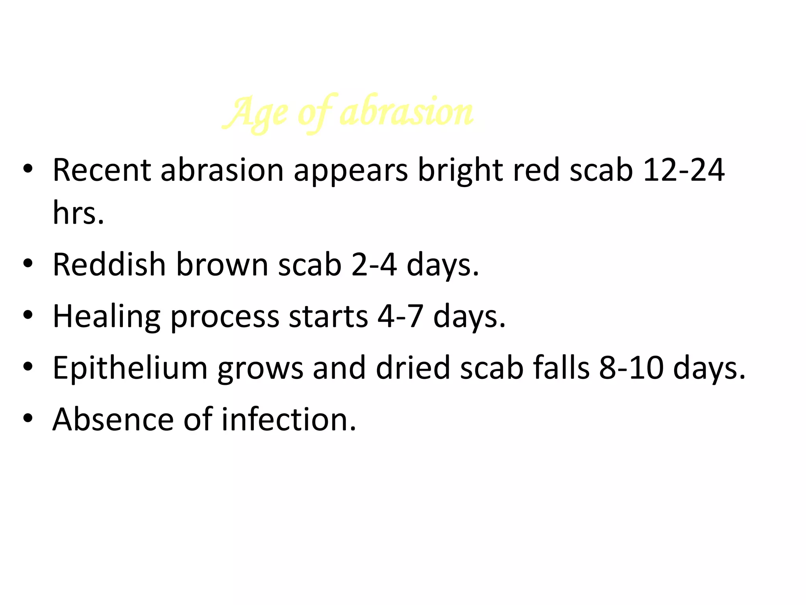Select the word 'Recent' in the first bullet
(x=102, y=170)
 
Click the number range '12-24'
(x=684, y=170)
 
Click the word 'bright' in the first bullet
(x=460, y=170)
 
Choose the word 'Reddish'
(x=109, y=265)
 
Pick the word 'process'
(x=225, y=317)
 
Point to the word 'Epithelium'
(x=130, y=368)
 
